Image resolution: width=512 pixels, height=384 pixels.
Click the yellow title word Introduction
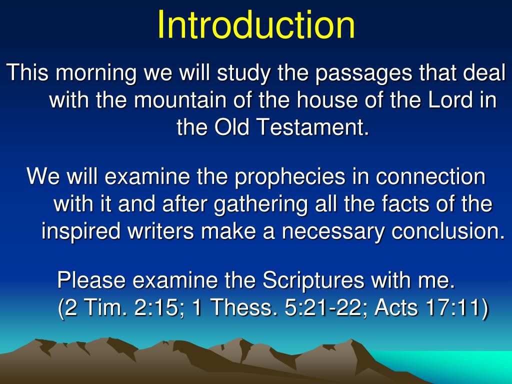pos(256,25)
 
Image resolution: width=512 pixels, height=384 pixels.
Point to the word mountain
pos(180,100)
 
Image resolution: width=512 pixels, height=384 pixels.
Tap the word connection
pos(430,176)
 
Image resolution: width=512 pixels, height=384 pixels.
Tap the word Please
pos(91,280)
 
